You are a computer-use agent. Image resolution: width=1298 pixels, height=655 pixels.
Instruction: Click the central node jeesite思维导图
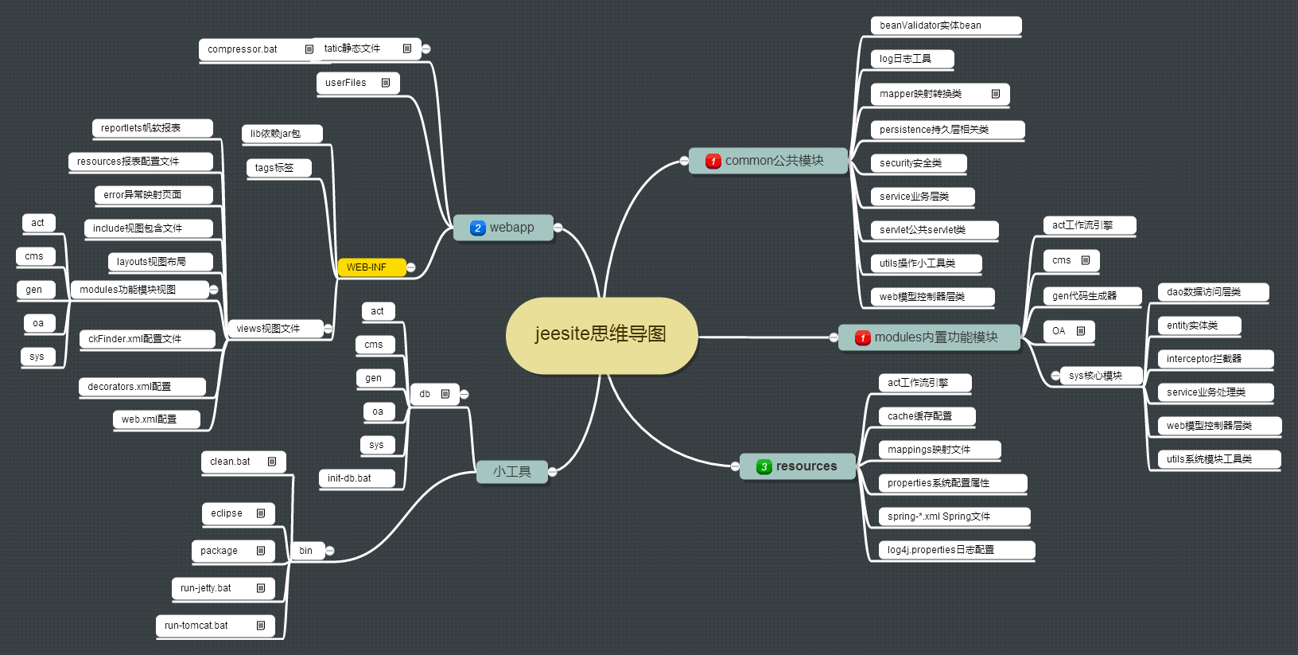click(x=601, y=334)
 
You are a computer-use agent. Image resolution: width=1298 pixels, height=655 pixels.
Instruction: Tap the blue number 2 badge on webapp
click(x=477, y=228)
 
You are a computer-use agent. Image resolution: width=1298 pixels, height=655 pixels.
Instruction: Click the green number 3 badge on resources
click(x=764, y=467)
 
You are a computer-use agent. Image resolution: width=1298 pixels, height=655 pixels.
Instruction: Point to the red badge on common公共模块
click(x=713, y=162)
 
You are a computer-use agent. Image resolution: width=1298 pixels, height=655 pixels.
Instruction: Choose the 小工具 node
click(x=511, y=472)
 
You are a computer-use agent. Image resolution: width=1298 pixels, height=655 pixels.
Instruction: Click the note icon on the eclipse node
click(x=261, y=513)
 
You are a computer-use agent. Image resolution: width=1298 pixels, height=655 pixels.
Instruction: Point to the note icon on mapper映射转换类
click(x=995, y=94)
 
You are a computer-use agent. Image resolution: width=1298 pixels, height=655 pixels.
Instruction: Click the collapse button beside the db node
click(x=464, y=394)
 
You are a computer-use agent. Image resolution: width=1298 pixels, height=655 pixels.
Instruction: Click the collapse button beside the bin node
click(x=329, y=551)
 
